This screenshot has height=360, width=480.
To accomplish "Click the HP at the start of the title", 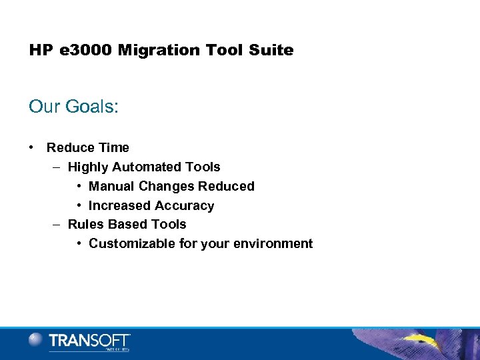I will (x=39, y=51).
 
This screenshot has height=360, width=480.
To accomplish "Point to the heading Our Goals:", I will (x=73, y=107).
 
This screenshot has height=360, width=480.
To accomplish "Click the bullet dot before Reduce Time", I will (x=32, y=147).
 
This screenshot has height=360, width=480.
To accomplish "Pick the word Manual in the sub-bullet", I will (x=111, y=186).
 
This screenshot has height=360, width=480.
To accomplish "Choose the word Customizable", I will (x=132, y=243).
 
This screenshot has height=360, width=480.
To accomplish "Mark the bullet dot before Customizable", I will (x=79, y=243).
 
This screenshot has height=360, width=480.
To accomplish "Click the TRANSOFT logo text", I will (x=89, y=341).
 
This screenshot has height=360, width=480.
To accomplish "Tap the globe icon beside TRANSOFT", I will (x=36, y=340).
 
